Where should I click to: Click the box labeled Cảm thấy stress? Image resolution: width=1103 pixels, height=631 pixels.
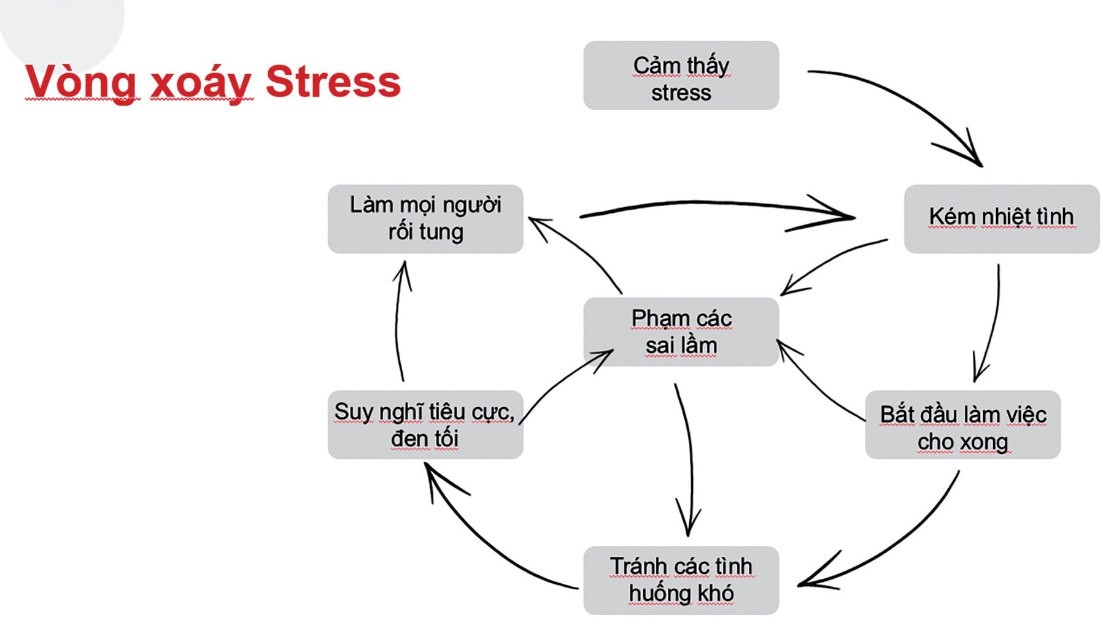click(x=681, y=75)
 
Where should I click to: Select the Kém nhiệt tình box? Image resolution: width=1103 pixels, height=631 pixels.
click(x=1001, y=219)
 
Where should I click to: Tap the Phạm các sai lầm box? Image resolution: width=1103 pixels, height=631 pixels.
click(x=681, y=332)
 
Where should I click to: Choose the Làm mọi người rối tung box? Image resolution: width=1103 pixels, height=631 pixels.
click(x=425, y=219)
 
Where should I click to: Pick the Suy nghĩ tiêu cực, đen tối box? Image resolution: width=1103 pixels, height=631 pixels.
click(x=425, y=424)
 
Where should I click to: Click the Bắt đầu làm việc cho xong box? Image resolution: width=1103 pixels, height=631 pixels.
click(x=962, y=424)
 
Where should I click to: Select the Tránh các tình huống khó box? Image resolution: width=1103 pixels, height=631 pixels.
click(x=681, y=580)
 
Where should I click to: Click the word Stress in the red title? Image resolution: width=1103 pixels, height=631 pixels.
click(x=333, y=82)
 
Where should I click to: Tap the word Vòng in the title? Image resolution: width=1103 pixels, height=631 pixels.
click(x=80, y=83)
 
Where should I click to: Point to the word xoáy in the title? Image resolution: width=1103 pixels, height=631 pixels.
click(x=201, y=83)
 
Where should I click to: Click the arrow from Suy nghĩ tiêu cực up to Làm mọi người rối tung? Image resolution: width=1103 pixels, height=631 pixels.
click(x=397, y=319)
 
